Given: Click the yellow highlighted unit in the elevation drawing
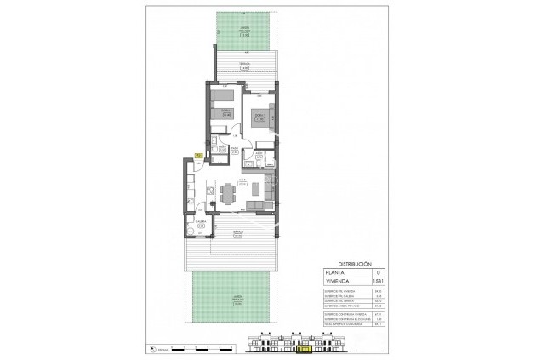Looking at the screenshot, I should [302, 347].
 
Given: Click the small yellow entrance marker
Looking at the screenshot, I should [198, 156].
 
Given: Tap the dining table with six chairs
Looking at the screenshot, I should [227, 194].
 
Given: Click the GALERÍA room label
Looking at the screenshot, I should [202, 223].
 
